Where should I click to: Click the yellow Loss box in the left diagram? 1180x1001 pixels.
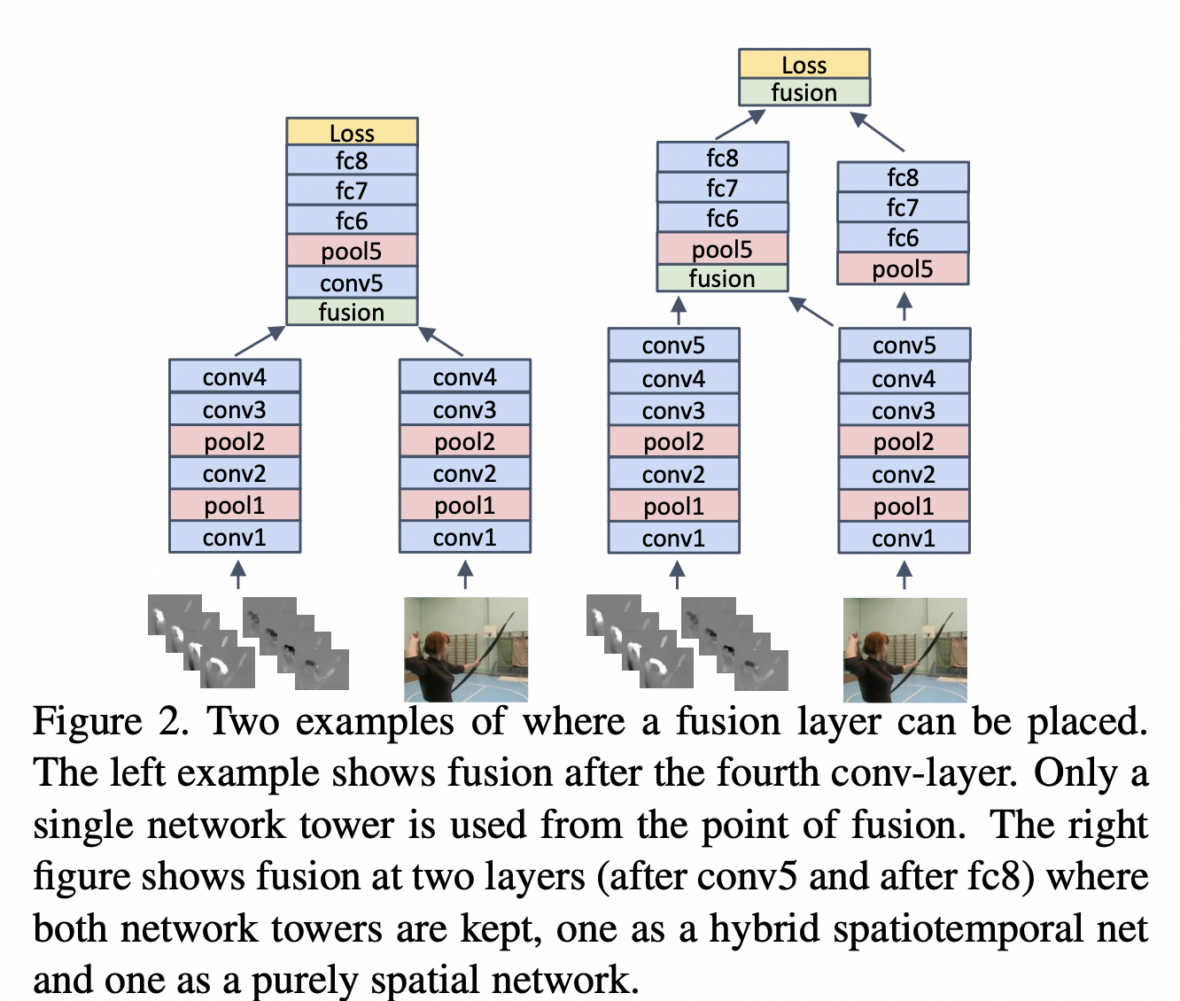(352, 132)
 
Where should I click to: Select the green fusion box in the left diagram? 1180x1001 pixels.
(352, 312)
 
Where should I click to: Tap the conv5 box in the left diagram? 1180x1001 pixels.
(352, 283)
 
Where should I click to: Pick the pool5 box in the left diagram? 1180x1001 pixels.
(352, 252)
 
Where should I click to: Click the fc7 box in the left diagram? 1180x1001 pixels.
(352, 190)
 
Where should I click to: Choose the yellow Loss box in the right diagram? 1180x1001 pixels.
(803, 64)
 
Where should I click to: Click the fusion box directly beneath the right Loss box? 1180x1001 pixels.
(803, 92)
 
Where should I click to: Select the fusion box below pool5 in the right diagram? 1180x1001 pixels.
(722, 278)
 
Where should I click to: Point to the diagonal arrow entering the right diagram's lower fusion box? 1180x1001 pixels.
(811, 311)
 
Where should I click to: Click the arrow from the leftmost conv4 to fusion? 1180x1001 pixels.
(260, 341)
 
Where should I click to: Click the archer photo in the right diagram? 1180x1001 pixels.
(904, 649)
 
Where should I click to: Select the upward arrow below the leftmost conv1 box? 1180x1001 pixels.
(237, 575)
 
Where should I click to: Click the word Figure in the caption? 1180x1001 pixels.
(87, 722)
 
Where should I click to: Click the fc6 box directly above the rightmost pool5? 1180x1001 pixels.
(903, 237)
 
